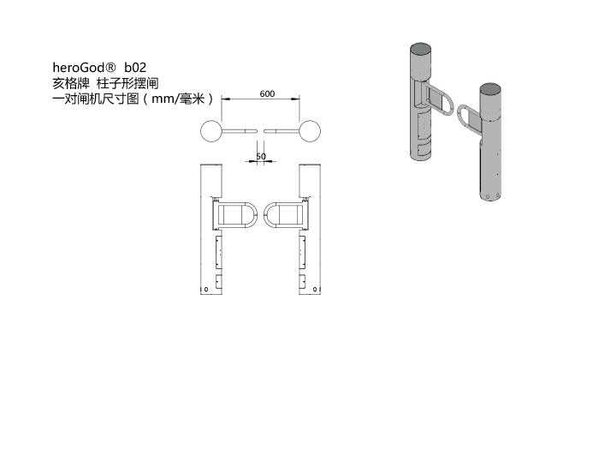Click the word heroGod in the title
(79, 68)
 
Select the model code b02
(135, 68)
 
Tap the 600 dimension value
(267, 93)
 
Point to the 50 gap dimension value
(261, 156)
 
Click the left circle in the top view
(211, 131)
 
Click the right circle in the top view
(310, 131)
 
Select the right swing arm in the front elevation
(284, 215)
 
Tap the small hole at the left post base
(206, 290)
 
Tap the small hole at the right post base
(315, 290)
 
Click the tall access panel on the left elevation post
(219, 252)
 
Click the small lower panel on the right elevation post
(302, 282)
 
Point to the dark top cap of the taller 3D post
(421, 49)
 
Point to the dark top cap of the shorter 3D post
(490, 89)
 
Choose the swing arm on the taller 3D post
(440, 101)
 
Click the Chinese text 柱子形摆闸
(128, 83)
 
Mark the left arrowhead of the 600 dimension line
(226, 99)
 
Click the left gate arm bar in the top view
(240, 131)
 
